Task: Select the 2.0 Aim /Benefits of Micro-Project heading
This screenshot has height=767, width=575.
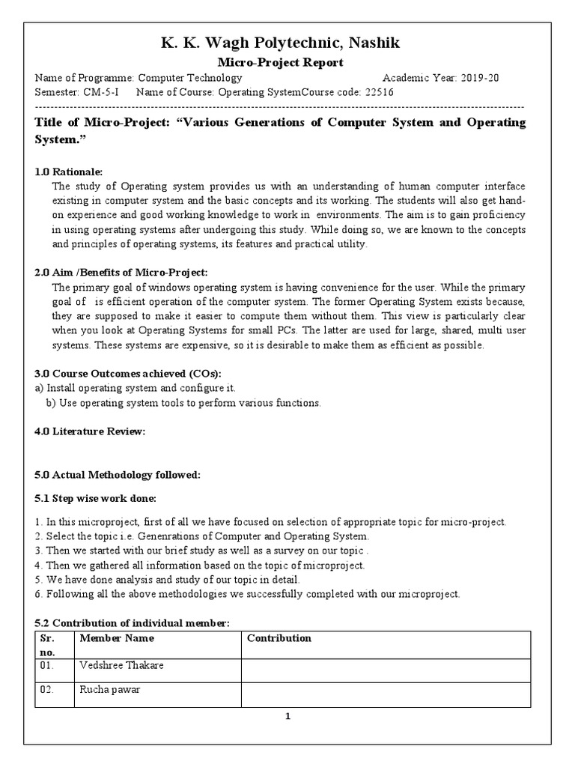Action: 121,273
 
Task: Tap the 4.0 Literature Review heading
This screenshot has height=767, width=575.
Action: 90,431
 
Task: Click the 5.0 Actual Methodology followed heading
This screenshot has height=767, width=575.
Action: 118,475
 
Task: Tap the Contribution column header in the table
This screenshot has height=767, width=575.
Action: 279,638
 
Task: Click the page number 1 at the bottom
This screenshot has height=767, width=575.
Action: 287,716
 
